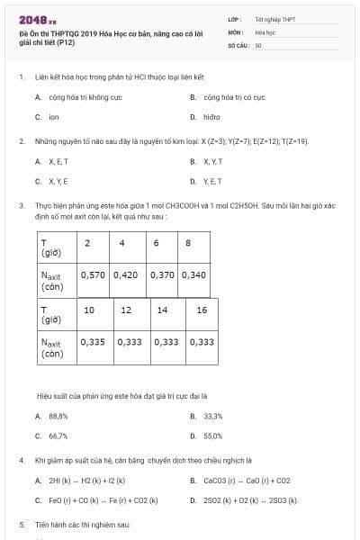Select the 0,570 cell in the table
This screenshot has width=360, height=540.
pyautogui.click(x=94, y=275)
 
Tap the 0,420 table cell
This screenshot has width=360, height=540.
pyautogui.click(x=128, y=275)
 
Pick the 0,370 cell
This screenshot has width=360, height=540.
pyautogui.click(x=163, y=275)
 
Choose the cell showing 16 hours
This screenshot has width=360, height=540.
pyautogui.click(x=201, y=310)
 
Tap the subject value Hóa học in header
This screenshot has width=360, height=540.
pyautogui.click(x=265, y=31)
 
